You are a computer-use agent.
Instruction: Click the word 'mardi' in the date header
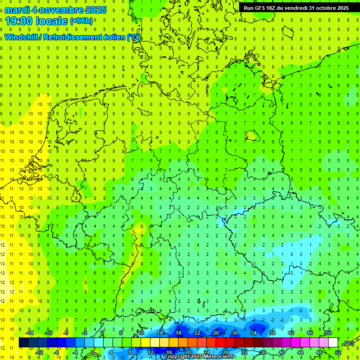[17, 10]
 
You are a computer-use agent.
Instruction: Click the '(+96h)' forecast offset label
[81, 21]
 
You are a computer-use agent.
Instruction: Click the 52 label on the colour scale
[338, 352]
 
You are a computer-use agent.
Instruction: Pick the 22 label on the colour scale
[197, 333]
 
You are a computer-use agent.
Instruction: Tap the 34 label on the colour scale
[254, 333]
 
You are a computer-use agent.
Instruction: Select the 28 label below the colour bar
[225, 352]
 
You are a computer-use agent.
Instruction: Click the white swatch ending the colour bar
[333, 343]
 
